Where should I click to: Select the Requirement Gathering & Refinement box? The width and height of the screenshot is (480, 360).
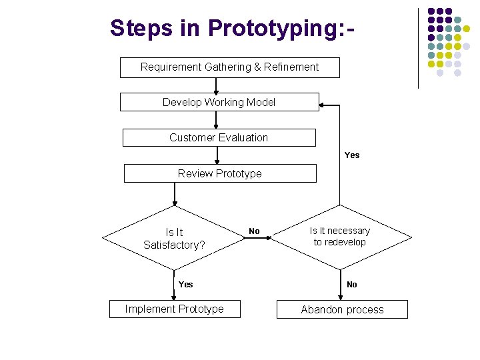point(229,67)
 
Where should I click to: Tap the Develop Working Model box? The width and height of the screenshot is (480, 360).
point(219,102)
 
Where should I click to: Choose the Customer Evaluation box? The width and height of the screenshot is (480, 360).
point(219,137)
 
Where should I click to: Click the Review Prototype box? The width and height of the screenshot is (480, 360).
point(220,173)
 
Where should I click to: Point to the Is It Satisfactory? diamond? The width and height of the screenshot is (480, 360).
point(174,238)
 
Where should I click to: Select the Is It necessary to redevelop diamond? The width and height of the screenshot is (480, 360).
point(340,237)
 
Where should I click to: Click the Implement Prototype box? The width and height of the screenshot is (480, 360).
point(175,309)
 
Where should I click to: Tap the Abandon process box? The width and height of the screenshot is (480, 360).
point(342,309)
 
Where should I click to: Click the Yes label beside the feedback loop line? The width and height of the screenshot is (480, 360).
point(352,155)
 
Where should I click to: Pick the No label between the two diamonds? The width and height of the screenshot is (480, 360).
point(254,231)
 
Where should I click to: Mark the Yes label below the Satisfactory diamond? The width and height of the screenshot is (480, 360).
point(185,285)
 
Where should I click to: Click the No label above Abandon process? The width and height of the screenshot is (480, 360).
point(352,285)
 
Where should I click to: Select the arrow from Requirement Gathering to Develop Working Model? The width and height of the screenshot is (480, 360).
point(216,86)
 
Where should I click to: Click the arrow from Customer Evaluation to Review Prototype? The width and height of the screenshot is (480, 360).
point(218,155)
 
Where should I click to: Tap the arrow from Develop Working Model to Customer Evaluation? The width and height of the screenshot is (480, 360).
point(216,120)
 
